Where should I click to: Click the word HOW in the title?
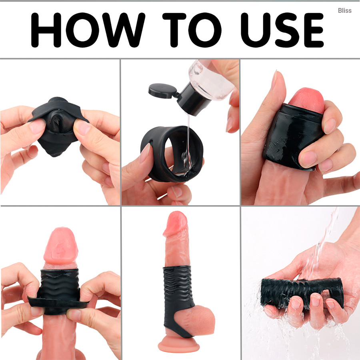pos(88,30)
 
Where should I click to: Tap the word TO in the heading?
pos(192,30)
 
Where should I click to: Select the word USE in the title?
pos(282,30)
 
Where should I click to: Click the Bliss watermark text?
pos(345,10)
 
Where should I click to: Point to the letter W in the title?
pos(124,30)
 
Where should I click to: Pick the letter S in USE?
pos(287,30)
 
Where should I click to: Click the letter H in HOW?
pos(46,30)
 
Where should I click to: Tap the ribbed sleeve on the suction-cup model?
pos(177,298)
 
